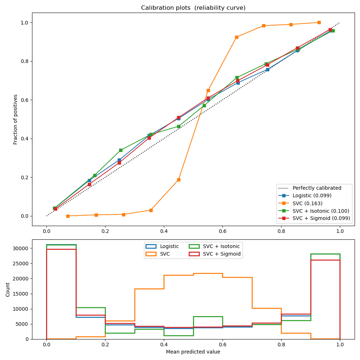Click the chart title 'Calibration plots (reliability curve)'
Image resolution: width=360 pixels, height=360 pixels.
[193, 8]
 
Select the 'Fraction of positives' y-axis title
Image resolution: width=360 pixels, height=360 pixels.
[15, 119]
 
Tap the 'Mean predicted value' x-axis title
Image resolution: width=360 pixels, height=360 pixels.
[193, 352]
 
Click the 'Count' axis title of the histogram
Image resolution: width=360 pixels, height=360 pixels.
[8, 289]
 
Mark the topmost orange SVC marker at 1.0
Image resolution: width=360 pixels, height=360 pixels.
[319, 22]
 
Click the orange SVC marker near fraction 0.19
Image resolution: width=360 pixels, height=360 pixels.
[179, 180]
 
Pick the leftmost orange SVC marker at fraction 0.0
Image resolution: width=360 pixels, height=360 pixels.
[68, 216]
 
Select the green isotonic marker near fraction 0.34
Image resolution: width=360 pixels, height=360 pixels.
[121, 150]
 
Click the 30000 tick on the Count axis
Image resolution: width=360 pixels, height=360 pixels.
[22, 248]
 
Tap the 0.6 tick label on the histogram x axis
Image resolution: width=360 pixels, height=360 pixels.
[222, 345]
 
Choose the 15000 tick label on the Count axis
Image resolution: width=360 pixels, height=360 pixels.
[22, 294]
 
